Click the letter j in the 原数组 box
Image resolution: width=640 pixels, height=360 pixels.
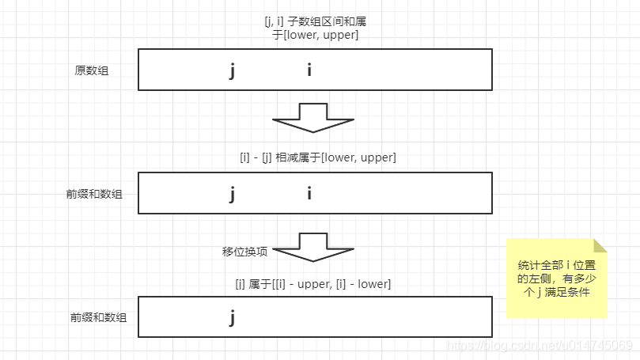(x=232, y=71)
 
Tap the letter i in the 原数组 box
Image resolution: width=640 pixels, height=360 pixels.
(x=309, y=70)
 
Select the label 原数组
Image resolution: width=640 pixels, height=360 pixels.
(x=92, y=70)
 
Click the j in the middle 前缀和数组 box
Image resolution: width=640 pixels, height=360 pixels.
(x=232, y=194)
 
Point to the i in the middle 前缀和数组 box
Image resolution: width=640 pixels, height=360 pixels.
(x=309, y=193)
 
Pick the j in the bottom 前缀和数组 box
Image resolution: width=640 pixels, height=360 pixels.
(x=232, y=318)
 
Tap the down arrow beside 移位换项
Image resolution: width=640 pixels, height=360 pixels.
(x=313, y=247)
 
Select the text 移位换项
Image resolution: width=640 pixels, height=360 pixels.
(x=245, y=252)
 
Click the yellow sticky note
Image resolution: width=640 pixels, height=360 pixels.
(x=556, y=279)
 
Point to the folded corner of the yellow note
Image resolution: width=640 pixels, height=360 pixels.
(x=600, y=244)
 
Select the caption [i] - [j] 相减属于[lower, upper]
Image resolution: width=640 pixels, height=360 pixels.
(x=317, y=157)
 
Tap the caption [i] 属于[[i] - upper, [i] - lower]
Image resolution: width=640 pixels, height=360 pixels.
(x=312, y=283)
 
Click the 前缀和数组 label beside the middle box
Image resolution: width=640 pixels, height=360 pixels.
(x=94, y=194)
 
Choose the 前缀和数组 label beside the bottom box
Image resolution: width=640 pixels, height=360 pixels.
(x=98, y=317)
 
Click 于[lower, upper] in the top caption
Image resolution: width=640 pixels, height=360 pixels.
(x=315, y=36)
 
